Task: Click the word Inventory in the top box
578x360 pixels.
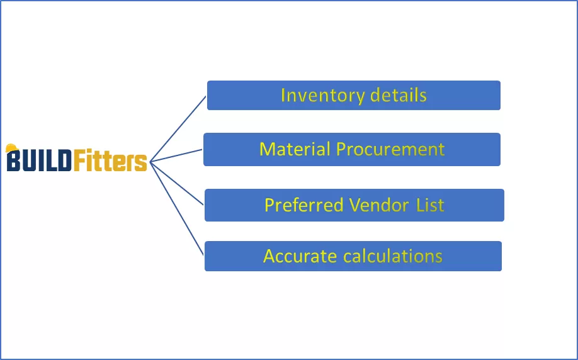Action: pyautogui.click(x=310, y=96)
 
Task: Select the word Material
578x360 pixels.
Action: pyautogui.click(x=295, y=149)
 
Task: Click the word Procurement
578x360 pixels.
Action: pyautogui.click(x=390, y=149)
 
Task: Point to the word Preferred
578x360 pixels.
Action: pyautogui.click(x=304, y=205)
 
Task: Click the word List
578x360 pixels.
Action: pyautogui.click(x=430, y=205)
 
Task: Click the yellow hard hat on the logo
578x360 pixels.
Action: pyautogui.click(x=11, y=149)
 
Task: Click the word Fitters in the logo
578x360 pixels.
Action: pyautogui.click(x=110, y=161)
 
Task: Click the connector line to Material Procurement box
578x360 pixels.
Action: pyautogui.click(x=176, y=155)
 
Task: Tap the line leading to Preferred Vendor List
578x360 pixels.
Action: pyautogui.click(x=178, y=183)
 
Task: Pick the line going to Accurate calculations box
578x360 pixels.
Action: pyautogui.click(x=178, y=208)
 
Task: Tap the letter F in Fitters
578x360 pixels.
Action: pyautogui.click(x=79, y=161)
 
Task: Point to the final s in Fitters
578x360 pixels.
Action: pyautogui.click(x=141, y=163)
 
